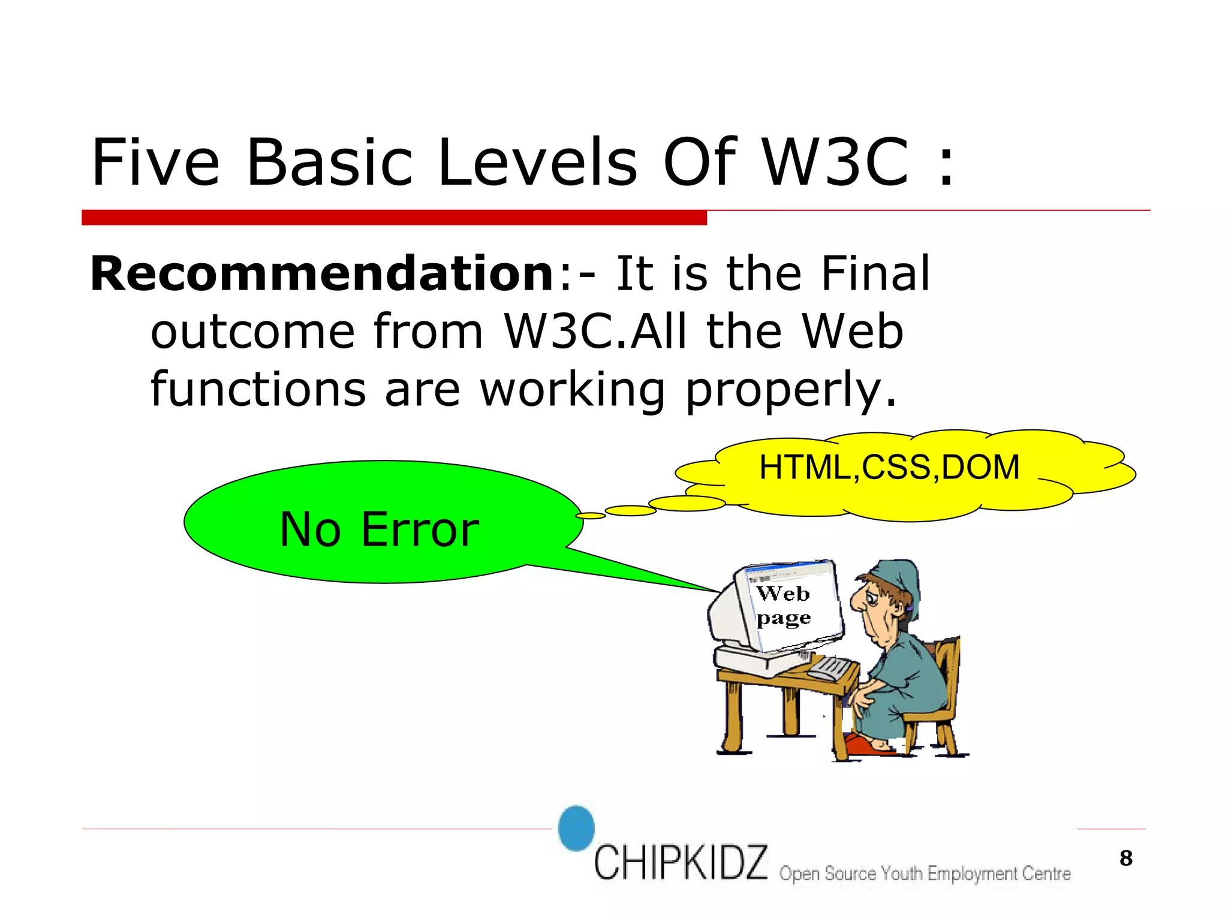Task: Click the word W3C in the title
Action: tap(836, 162)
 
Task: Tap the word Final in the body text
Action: tap(875, 274)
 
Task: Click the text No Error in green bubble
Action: tap(379, 529)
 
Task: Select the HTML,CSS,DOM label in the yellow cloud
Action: tap(889, 467)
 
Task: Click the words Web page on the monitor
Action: tap(783, 606)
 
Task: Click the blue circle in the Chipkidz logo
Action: tap(576, 828)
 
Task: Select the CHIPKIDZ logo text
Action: tap(680, 862)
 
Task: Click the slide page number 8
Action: tap(1125, 858)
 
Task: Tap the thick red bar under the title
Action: tap(394, 218)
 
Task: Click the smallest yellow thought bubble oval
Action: tap(590, 516)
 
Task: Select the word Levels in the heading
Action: tap(537, 162)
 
